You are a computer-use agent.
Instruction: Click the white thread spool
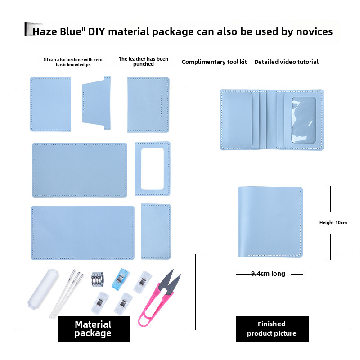coord(43,289)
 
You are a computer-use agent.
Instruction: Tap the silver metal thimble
coord(98,279)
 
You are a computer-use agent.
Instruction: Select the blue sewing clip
coord(120,279)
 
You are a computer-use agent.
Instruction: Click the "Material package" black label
coord(94,329)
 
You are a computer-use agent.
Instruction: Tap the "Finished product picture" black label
coord(272,329)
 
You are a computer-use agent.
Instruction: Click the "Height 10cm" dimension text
coord(333,222)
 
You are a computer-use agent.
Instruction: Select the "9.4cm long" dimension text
coord(268,274)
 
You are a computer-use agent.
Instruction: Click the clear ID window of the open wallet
coord(303,120)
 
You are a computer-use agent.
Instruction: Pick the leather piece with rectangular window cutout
coord(153,169)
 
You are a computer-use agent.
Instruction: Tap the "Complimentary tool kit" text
coord(214,62)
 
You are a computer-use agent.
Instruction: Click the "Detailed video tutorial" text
coord(286,62)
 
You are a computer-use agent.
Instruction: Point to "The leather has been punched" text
coord(143,62)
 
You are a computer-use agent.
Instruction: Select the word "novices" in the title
coord(314,31)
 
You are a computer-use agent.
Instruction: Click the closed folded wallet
coord(270,222)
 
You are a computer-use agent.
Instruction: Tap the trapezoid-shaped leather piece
coord(96,103)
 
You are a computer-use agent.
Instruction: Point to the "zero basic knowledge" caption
coord(73,62)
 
